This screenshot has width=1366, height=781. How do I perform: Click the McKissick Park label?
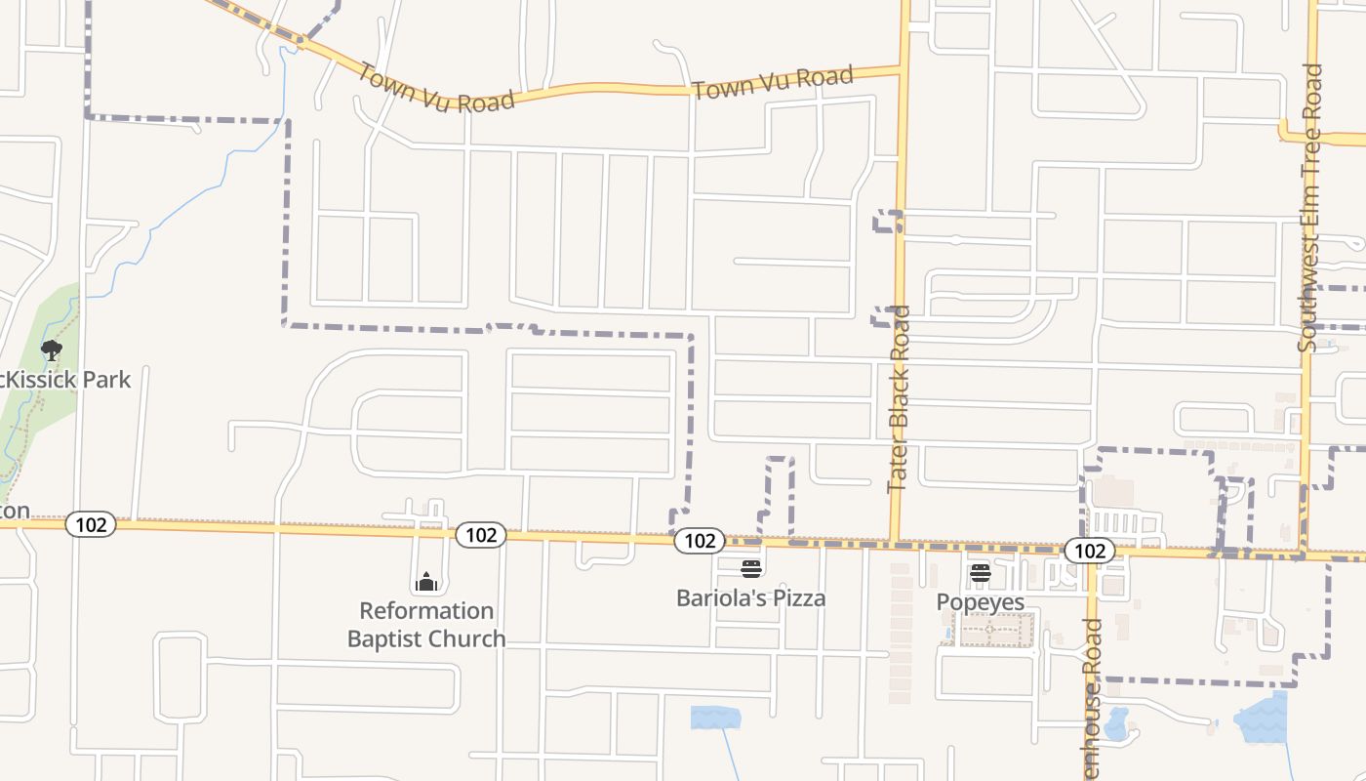pos(65,380)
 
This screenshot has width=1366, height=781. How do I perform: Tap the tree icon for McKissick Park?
pos(52,349)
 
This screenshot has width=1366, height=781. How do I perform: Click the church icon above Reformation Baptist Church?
pos(426,583)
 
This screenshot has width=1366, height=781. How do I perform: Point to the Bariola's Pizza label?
pos(750,598)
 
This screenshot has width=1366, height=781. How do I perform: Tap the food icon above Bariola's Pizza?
pos(750,568)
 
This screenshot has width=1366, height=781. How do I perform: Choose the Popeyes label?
pos(980,601)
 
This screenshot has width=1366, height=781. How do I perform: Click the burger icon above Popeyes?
pos(980,573)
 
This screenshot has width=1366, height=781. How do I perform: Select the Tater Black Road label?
pos(899,399)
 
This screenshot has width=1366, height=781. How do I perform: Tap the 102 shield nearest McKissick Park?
pos(91,524)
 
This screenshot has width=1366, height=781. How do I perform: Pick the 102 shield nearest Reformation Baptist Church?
pos(480,534)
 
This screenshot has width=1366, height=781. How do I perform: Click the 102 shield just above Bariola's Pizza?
pos(699,540)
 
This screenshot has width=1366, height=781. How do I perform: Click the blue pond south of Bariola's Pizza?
pos(715,718)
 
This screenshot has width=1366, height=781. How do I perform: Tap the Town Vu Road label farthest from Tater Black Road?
pos(435,88)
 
